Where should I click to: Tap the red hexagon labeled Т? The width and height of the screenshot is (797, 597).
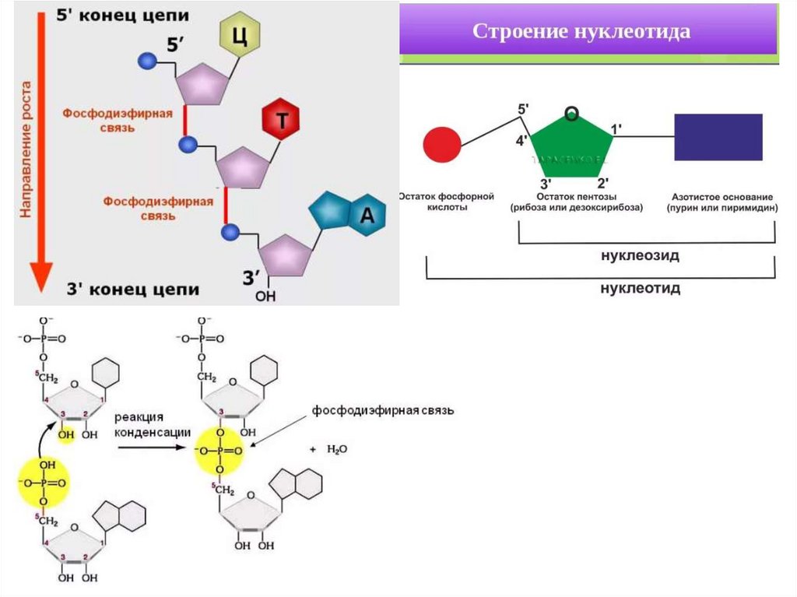(x=283, y=120)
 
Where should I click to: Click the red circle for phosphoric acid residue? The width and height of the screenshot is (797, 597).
(x=442, y=144)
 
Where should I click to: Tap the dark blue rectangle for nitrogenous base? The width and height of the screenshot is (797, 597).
(x=718, y=138)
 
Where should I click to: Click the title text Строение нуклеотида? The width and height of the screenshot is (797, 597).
(x=582, y=32)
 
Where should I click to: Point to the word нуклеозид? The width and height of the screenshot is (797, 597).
(x=640, y=255)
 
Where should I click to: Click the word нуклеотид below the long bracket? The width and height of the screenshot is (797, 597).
(x=640, y=288)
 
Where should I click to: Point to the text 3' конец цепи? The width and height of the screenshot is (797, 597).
(x=132, y=290)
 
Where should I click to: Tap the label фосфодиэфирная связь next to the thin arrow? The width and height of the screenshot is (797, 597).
(x=383, y=409)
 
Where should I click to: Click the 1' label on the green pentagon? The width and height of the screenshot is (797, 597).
(x=618, y=128)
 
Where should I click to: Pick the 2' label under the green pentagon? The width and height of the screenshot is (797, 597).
(x=602, y=184)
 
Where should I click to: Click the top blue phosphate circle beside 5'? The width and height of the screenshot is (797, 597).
(x=145, y=61)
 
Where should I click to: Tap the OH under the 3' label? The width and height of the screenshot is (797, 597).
(x=266, y=296)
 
